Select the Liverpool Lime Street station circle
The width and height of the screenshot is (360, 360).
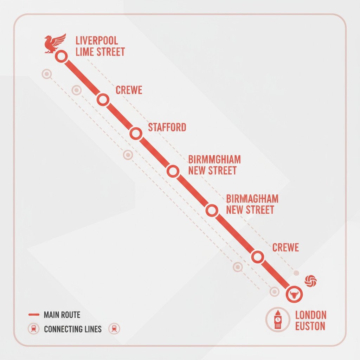coord(61,56)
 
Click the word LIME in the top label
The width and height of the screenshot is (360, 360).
coord(84,52)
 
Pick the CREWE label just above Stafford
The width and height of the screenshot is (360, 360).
coord(129,90)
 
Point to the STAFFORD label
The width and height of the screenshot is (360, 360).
coord(167,127)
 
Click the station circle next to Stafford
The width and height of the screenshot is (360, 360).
coord(136,133)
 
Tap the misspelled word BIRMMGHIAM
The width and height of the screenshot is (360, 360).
coord(214,159)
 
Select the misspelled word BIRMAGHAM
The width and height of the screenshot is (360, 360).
coord(252,199)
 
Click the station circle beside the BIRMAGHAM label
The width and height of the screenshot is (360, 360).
coord(211,210)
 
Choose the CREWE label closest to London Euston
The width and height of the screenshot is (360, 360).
coord(285,247)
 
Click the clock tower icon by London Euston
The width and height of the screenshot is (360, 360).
coord(278,319)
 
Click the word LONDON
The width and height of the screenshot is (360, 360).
coord(311,315)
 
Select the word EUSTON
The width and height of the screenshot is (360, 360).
coord(310,326)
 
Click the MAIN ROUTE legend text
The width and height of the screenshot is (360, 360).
coord(62,315)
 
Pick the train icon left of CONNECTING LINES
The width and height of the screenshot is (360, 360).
coord(33,329)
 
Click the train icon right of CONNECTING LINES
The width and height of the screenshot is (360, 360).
coord(114,329)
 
